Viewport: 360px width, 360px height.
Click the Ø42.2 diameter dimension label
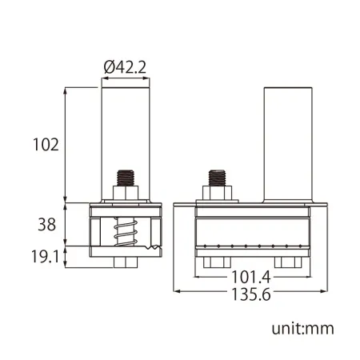tap(125, 67)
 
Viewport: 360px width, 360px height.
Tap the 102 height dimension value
tap(46, 145)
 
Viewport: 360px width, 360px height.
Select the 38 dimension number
tap(47, 224)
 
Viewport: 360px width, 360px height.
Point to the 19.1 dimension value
tap(45, 257)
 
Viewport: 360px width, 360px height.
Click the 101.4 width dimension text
tap(251, 277)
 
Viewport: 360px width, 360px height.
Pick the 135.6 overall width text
tap(251, 294)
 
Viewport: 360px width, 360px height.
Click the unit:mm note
tap(302, 329)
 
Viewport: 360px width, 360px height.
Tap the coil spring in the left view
tap(126, 231)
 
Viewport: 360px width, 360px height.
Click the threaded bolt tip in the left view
tap(126, 178)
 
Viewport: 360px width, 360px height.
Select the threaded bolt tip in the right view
tap(217, 178)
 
